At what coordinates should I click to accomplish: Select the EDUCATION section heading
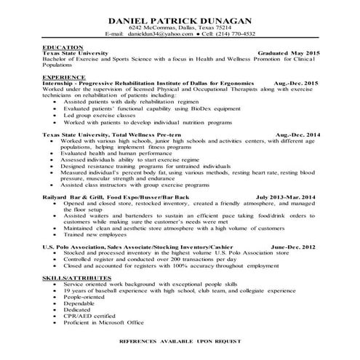62,47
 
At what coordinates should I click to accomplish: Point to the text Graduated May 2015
288,54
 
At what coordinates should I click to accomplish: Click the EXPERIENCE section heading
63,76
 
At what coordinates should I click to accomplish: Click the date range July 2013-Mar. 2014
286,197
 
